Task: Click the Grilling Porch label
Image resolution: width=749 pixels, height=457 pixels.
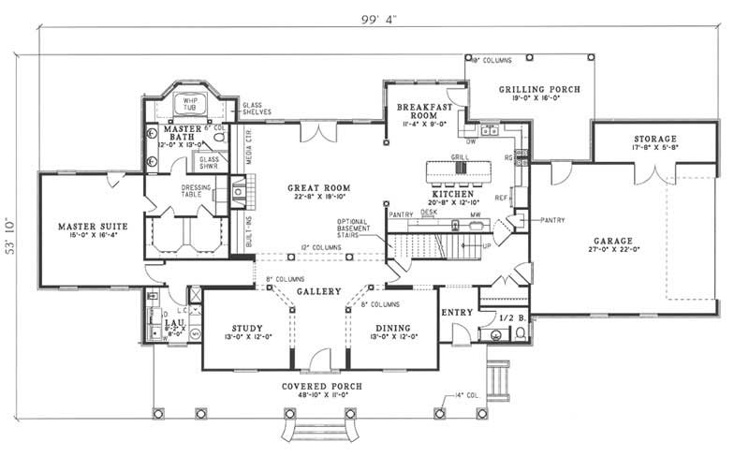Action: pos(534,90)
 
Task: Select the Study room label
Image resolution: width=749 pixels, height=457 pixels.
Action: pos(245,328)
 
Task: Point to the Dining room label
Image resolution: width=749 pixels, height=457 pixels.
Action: pos(390,328)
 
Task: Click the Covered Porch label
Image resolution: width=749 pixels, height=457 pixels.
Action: pos(321,387)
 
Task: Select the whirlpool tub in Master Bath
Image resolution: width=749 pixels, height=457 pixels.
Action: pos(194,106)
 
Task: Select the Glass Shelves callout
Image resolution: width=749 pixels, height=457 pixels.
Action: pos(256,108)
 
